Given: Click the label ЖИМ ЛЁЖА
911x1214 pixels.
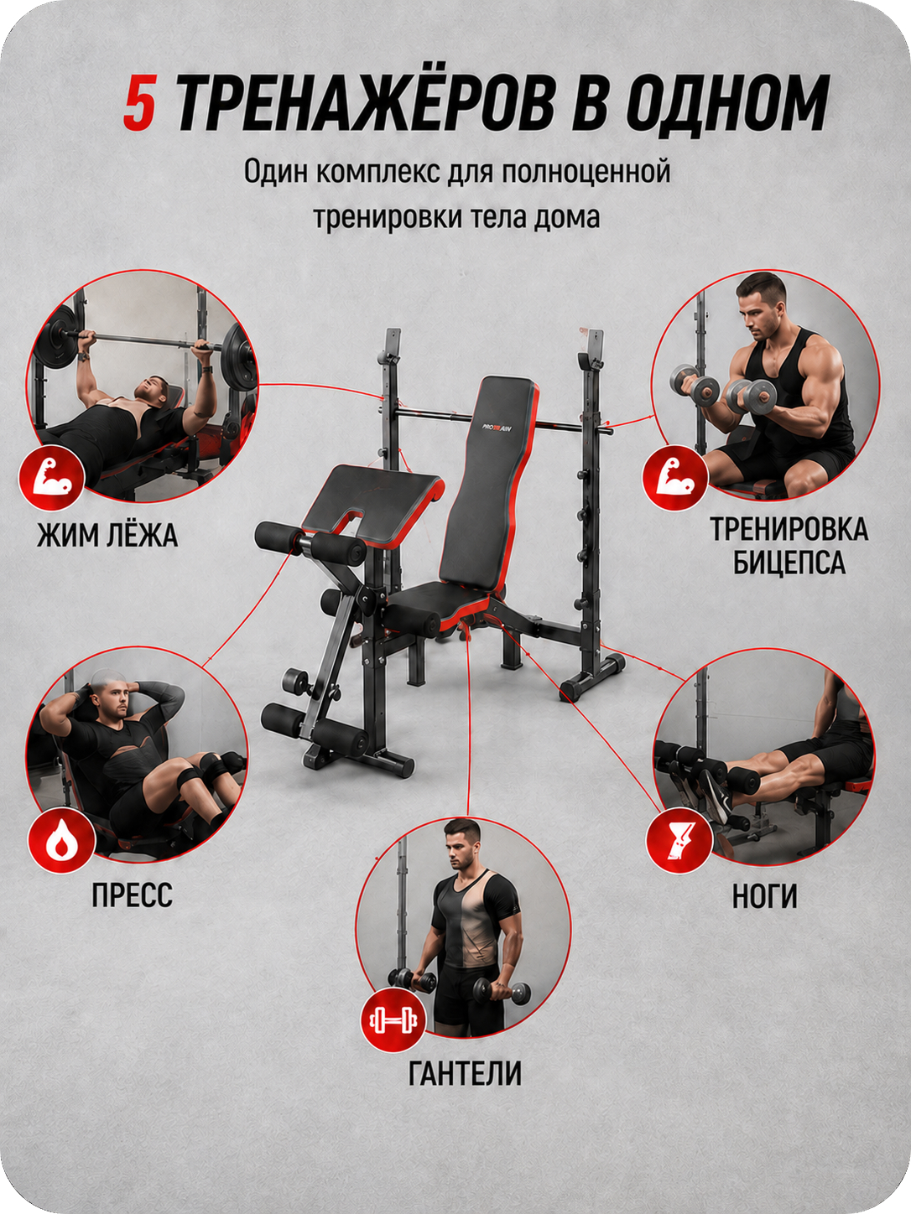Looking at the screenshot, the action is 107,535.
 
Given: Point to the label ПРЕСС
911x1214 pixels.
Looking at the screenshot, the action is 133,895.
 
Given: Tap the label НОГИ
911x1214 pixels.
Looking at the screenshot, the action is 765,896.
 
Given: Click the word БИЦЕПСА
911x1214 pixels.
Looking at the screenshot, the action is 789,563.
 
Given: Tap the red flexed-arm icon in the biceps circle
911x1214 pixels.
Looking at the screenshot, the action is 675,478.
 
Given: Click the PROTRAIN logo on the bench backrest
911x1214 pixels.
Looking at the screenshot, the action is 498,427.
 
